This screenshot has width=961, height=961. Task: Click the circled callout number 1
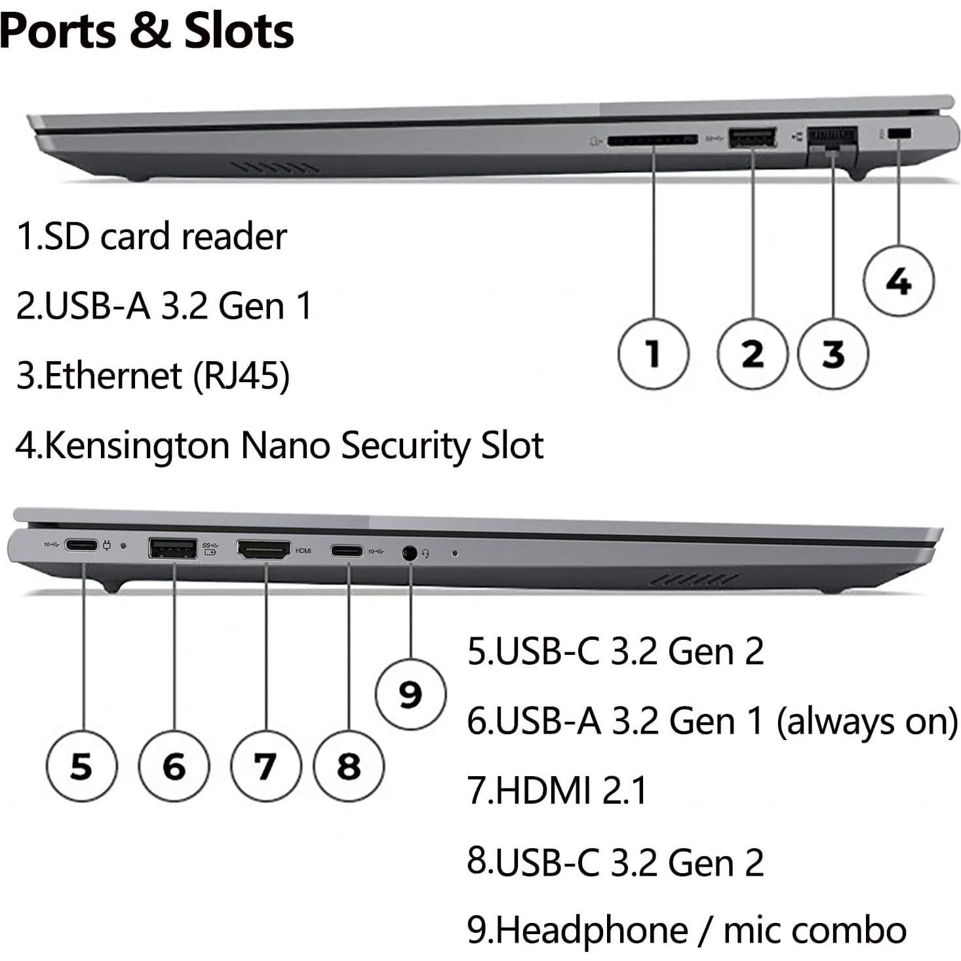pyautogui.click(x=653, y=354)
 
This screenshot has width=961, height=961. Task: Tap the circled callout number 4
pyautogui.click(x=898, y=281)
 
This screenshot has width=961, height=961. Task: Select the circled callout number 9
pyautogui.click(x=410, y=694)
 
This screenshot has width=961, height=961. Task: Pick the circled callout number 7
pyautogui.click(x=265, y=766)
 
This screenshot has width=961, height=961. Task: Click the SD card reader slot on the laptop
pyautogui.click(x=652, y=140)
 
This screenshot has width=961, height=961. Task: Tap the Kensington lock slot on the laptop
pyautogui.click(x=899, y=134)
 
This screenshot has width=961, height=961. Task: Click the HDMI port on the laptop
pyautogui.click(x=264, y=549)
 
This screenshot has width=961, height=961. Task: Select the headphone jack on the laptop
pyautogui.click(x=410, y=553)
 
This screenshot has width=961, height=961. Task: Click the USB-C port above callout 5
pyautogui.click(x=82, y=545)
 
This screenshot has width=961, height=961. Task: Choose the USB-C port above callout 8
pyautogui.click(x=347, y=551)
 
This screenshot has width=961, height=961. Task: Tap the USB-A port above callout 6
pyautogui.click(x=173, y=548)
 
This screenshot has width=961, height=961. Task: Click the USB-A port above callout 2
pyautogui.click(x=753, y=138)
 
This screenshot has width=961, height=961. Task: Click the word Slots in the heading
pyautogui.click(x=239, y=31)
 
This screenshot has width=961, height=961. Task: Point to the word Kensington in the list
pyautogui.click(x=137, y=446)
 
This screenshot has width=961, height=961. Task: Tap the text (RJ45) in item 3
pyautogui.click(x=241, y=376)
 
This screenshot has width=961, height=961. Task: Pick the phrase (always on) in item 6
pyautogui.click(x=867, y=722)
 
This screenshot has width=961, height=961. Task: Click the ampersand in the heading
pyautogui.click(x=150, y=31)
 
